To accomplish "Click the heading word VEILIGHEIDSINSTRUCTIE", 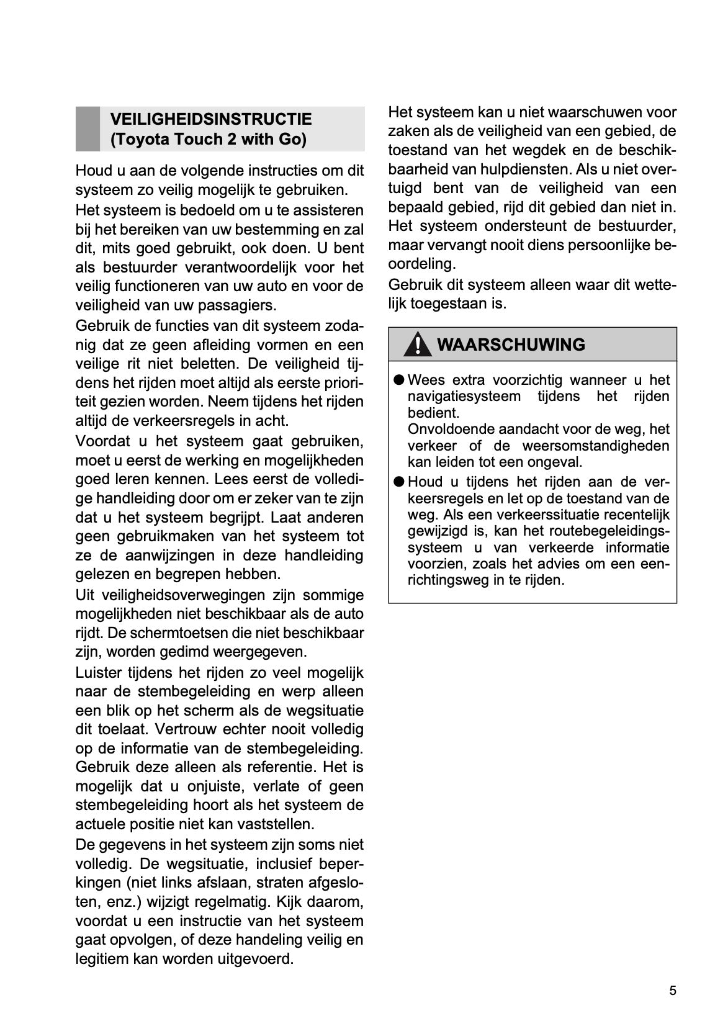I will pyautogui.click(x=211, y=119).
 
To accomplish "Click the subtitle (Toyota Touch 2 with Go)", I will pyautogui.click(x=208, y=139).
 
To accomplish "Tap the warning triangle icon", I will pyautogui.click(x=418, y=344).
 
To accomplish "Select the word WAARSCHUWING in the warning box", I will pyautogui.click(x=511, y=344).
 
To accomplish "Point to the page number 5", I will pyautogui.click(x=673, y=991).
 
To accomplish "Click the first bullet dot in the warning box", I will pyautogui.click(x=398, y=380).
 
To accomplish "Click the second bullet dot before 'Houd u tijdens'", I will pyautogui.click(x=398, y=482).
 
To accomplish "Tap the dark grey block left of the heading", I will pyautogui.click(x=88, y=128).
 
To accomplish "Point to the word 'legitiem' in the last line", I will pyautogui.click(x=101, y=959).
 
